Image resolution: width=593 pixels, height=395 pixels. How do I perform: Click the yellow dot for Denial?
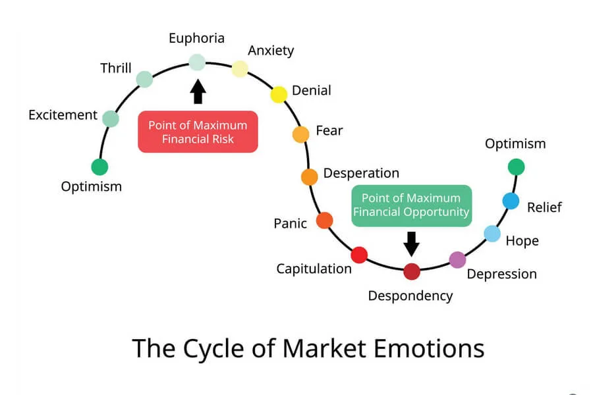coord(279,94)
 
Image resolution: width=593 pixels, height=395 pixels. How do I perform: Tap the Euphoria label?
coord(196,38)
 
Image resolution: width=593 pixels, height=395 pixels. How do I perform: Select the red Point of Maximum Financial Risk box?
coord(198,132)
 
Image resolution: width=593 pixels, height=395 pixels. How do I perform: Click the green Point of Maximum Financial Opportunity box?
coord(411,205)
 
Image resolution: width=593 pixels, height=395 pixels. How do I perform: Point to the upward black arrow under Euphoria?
coord(198,92)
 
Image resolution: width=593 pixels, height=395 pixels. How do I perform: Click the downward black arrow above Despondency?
coord(412,244)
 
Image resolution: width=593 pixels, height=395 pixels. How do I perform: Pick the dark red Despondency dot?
coord(412,271)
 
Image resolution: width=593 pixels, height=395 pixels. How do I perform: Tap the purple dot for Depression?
coord(457,259)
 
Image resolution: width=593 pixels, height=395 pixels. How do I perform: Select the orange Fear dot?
coord(300,134)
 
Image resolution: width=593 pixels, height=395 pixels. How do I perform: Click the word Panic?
coord(291,224)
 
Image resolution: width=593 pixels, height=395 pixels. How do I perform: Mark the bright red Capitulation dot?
coord(359,255)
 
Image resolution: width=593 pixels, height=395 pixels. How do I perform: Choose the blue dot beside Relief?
coord(511,201)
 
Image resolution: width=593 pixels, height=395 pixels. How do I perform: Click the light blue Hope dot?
coord(492,233)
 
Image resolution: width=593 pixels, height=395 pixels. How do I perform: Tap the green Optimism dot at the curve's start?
coord(99,167)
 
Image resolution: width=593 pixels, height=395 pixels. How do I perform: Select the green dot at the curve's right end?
coord(516,167)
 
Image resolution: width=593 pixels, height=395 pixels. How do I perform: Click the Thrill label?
coord(116,68)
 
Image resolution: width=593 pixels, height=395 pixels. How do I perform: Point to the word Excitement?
coord(63,115)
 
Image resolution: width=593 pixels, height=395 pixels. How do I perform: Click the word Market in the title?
coord(331,348)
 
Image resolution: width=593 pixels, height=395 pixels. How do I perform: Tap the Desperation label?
coord(361,174)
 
